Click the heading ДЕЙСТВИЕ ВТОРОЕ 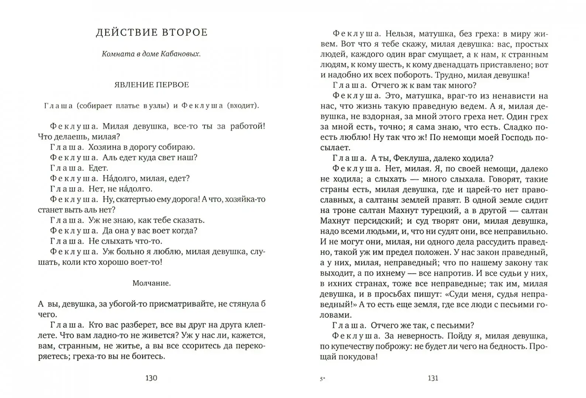pyautogui.click(x=152, y=32)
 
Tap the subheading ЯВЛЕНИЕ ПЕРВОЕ pyautogui.click(x=152, y=85)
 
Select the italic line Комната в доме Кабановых pyautogui.click(x=152, y=54)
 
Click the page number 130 pyautogui.click(x=151, y=378)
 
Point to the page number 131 pyautogui.click(x=433, y=378)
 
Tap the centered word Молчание pyautogui.click(x=152, y=283)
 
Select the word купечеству pyautogui.click(x=349, y=346)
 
